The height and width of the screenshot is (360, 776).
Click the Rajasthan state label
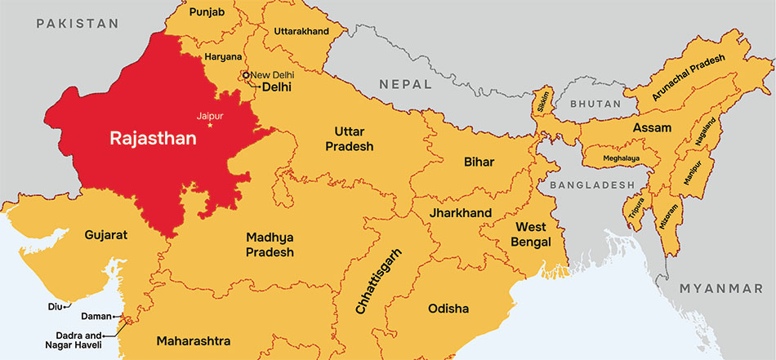154,139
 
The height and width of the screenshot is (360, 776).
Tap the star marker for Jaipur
210,125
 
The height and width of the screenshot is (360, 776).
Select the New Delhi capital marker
246,75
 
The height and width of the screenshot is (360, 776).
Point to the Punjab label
206,13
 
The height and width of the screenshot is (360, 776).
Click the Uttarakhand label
301,31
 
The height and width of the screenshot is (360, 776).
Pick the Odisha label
448,309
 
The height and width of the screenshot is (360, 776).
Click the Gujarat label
106,235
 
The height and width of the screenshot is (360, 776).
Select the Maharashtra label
194,340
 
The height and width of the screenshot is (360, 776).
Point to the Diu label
56,307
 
